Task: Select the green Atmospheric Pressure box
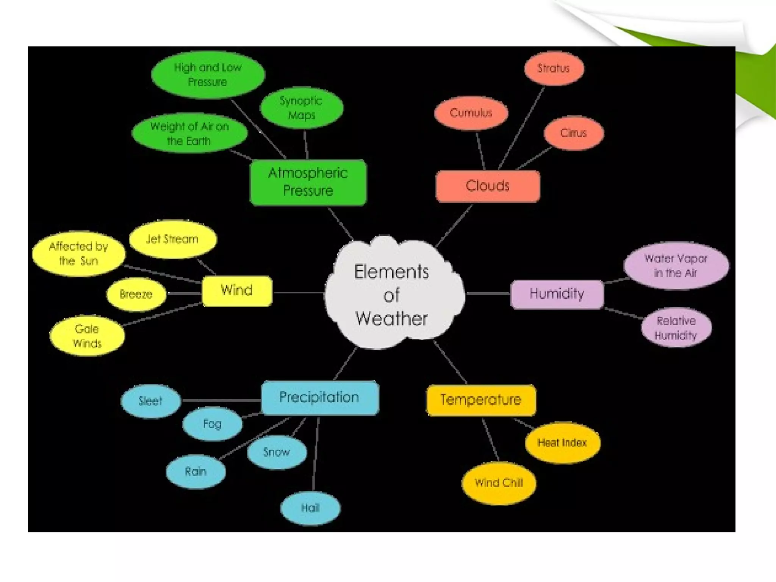(x=308, y=182)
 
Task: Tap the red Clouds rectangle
(x=488, y=186)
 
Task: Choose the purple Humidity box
(x=557, y=294)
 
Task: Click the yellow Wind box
(x=237, y=291)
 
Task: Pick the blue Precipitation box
(x=319, y=397)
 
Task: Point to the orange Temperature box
(x=481, y=400)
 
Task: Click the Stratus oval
(x=554, y=69)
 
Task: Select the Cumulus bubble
(x=471, y=113)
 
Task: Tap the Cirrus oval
(x=573, y=133)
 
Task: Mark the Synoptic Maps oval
(x=301, y=108)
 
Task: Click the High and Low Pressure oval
(x=208, y=75)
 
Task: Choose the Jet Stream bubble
(x=172, y=239)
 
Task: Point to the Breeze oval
(x=136, y=294)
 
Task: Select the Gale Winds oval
(x=87, y=336)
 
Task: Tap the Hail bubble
(x=310, y=508)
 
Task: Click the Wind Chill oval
(x=499, y=483)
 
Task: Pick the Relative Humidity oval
(x=676, y=328)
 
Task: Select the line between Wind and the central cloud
(x=298, y=293)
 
